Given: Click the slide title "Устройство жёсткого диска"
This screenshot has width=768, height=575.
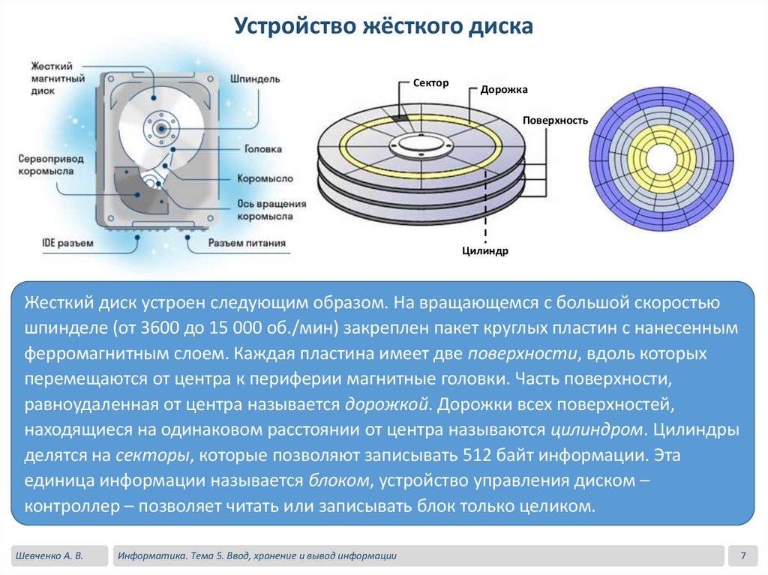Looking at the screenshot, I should pos(383,27).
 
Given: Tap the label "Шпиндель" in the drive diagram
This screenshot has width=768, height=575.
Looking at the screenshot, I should pos(256,78).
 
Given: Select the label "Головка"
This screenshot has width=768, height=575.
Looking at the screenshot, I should pos(264,149).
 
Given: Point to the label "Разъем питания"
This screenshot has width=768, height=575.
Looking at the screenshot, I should pos(247,242).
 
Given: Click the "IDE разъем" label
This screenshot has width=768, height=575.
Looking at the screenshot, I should pos(67,242).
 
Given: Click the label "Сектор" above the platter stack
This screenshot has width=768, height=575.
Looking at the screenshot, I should pos(430,82).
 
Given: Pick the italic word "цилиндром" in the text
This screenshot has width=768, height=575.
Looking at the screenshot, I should pos(598,430).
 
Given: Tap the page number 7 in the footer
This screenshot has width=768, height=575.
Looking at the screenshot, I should pos(742,556).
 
